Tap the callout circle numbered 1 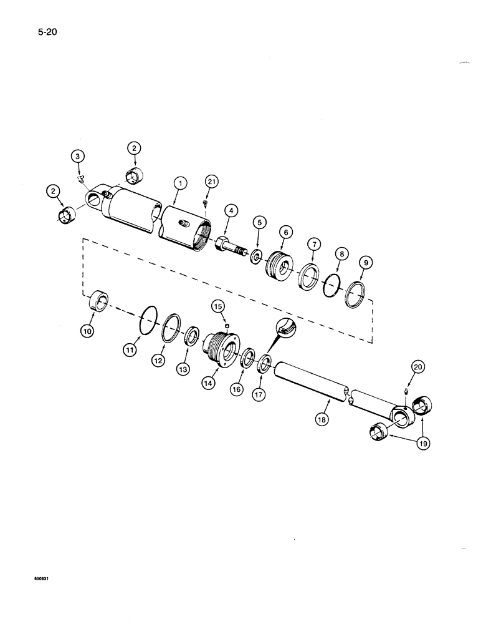click(180, 183)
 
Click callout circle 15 click(218, 306)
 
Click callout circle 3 click(78, 155)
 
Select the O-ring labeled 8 click(334, 285)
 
